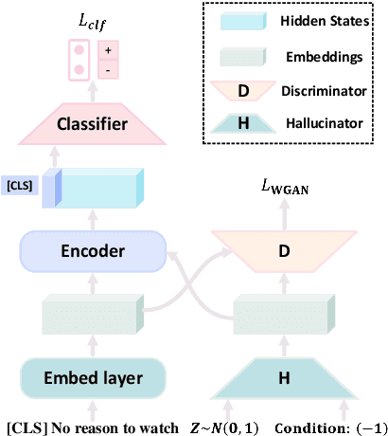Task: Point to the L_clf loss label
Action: (93, 15)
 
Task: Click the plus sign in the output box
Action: (107, 53)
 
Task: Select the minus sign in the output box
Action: (107, 69)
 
